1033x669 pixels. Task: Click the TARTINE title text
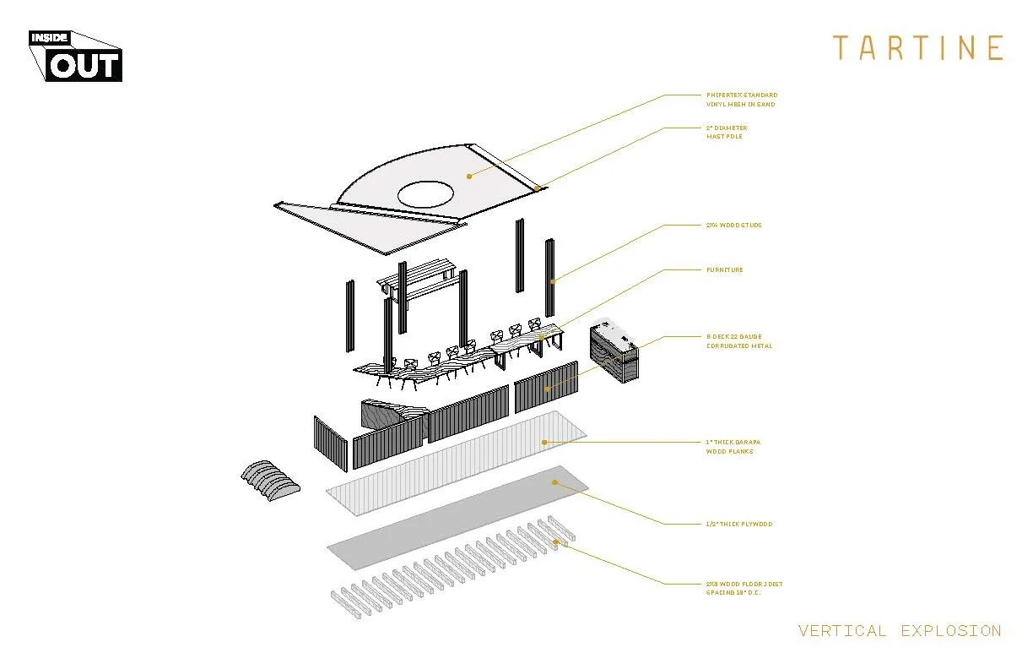tap(917, 47)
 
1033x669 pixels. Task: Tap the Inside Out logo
tap(76, 56)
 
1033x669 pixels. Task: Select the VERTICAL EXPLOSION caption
tap(899, 631)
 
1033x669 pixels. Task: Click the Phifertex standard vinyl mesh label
tap(741, 100)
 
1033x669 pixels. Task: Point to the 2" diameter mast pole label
tap(726, 133)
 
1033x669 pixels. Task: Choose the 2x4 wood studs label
tap(733, 226)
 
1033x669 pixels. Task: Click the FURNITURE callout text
tap(724, 270)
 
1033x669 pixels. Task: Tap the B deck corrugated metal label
tap(738, 341)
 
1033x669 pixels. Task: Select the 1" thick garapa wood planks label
tap(731, 447)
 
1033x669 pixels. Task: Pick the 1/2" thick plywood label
tap(738, 525)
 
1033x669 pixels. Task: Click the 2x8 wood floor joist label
tap(744, 588)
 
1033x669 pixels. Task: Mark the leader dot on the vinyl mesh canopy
tap(469, 177)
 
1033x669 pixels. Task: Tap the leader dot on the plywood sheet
tap(554, 482)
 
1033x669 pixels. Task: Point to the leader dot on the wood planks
tap(544, 442)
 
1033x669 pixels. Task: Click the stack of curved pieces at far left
tap(270, 482)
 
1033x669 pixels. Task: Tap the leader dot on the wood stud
tap(553, 281)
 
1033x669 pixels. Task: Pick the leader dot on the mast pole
tap(537, 189)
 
